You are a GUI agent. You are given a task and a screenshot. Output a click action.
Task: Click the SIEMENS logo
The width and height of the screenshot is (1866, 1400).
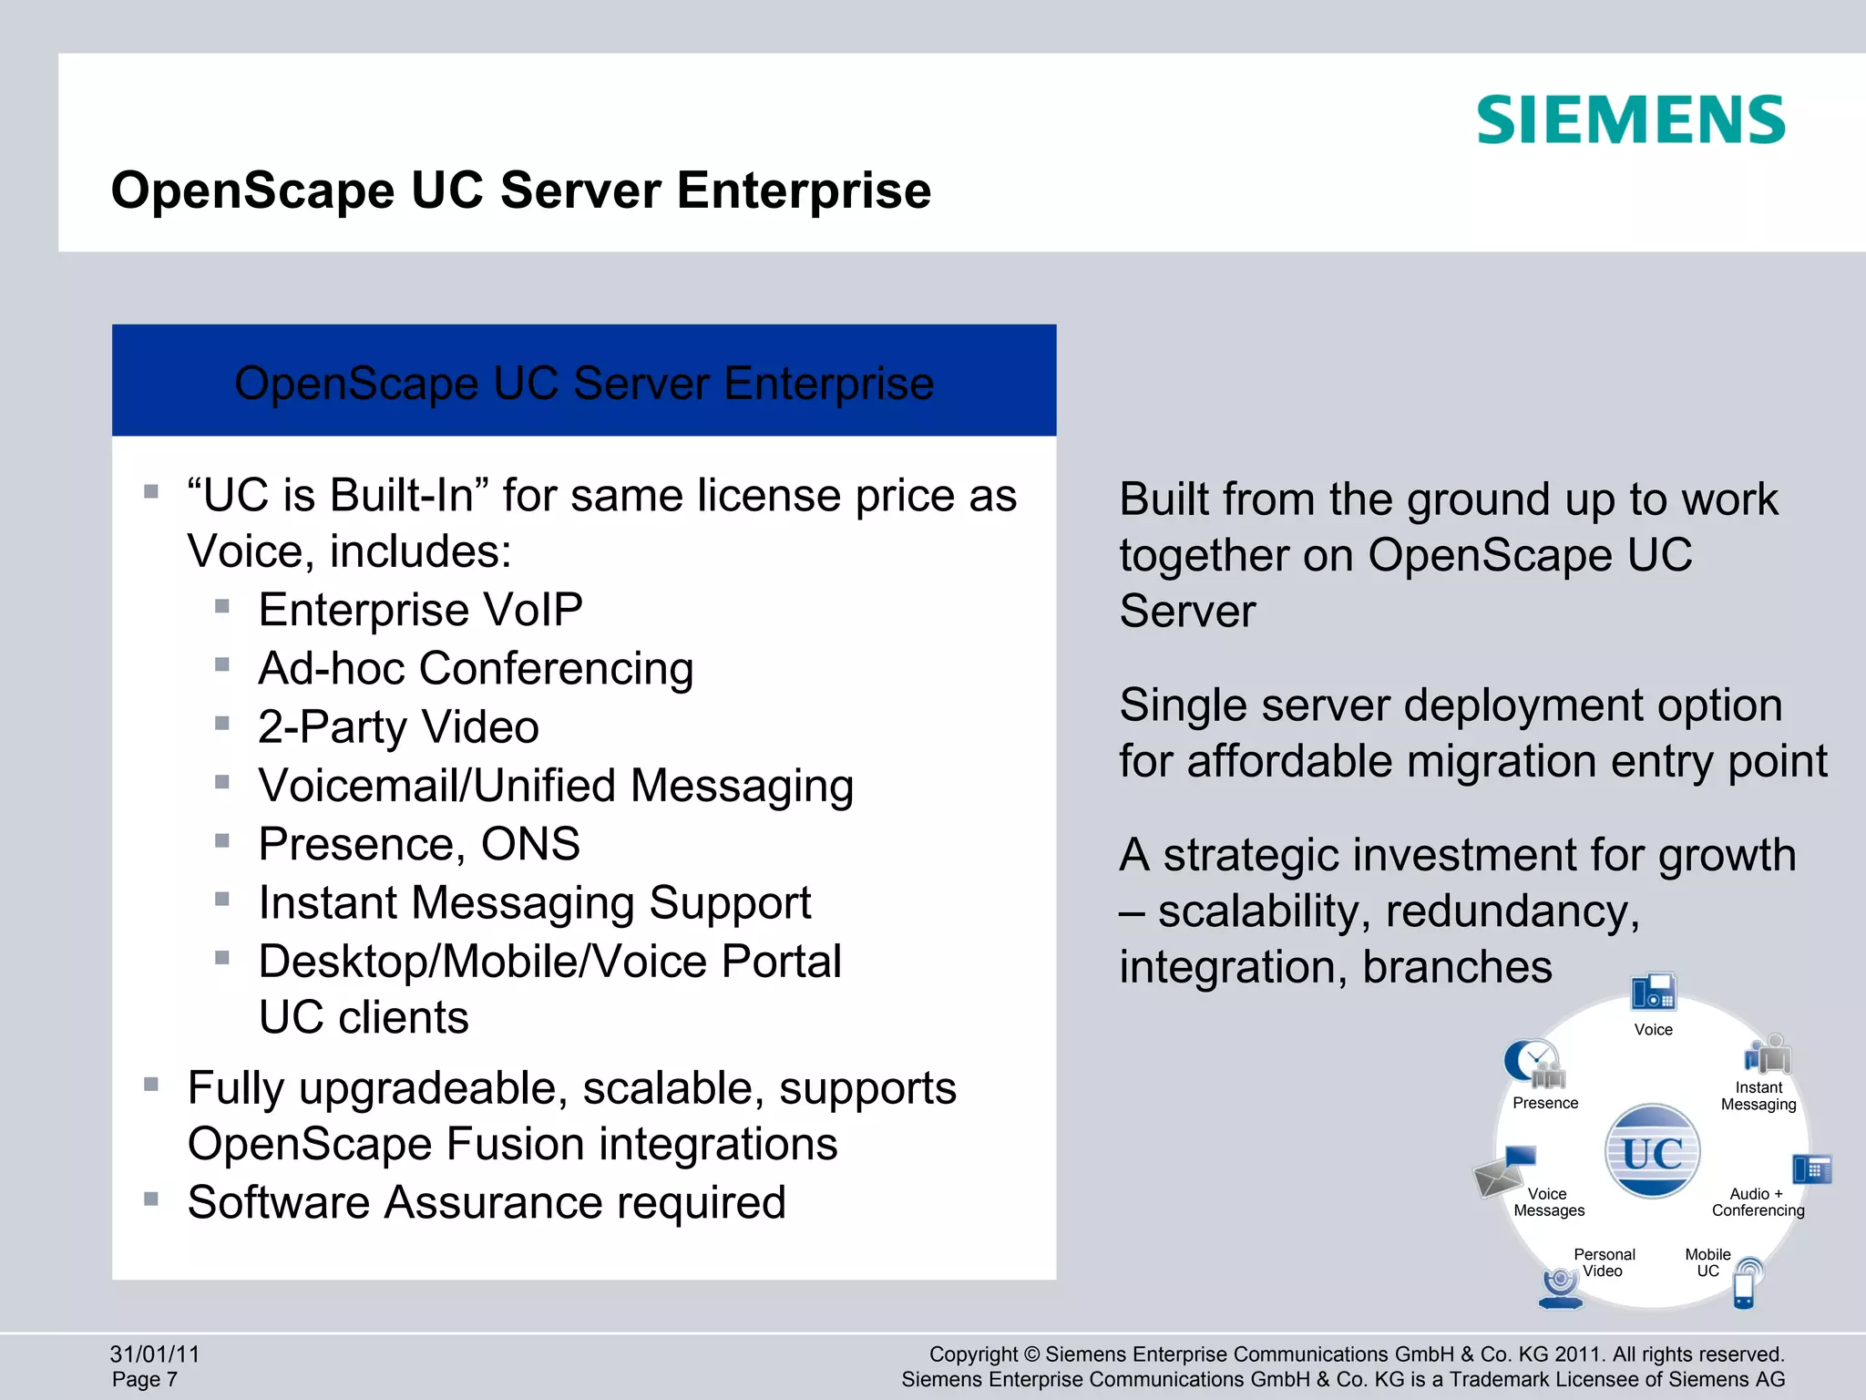(1630, 120)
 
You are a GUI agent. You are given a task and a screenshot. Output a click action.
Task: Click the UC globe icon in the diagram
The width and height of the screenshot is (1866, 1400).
(1652, 1151)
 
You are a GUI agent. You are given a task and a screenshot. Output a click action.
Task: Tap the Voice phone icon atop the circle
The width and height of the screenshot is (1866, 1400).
(1653, 993)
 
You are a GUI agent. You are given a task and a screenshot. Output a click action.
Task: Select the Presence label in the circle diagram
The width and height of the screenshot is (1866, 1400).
(1545, 1103)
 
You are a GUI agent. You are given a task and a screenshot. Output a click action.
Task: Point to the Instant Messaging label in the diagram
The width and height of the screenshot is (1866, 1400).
(1758, 1096)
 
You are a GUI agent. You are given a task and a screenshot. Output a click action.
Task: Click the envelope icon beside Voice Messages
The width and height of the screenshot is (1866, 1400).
(1499, 1177)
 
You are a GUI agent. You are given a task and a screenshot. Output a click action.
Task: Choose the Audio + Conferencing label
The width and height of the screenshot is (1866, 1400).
(1758, 1202)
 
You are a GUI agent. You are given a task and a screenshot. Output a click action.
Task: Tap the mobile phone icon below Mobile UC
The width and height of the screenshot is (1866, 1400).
(1744, 1289)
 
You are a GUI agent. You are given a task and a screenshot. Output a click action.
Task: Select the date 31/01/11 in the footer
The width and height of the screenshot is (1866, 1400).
(155, 1354)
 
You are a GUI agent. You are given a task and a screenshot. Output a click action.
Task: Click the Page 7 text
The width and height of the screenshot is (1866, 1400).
(145, 1380)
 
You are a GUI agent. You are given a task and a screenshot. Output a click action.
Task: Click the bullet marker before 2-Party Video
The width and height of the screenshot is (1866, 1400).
(222, 724)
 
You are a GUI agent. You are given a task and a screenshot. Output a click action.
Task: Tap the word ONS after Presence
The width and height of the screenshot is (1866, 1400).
(530, 844)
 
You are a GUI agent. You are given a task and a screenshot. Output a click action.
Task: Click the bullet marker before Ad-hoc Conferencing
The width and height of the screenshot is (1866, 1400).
(222, 665)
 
